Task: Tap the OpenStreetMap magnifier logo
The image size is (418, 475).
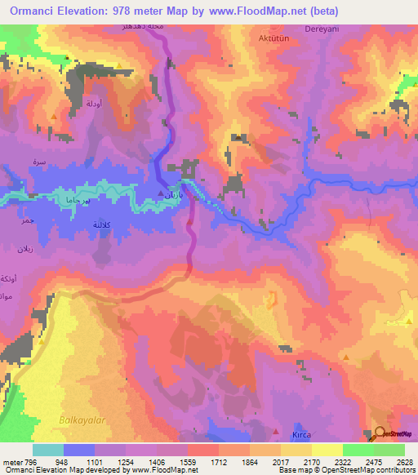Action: (x=380, y=433)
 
